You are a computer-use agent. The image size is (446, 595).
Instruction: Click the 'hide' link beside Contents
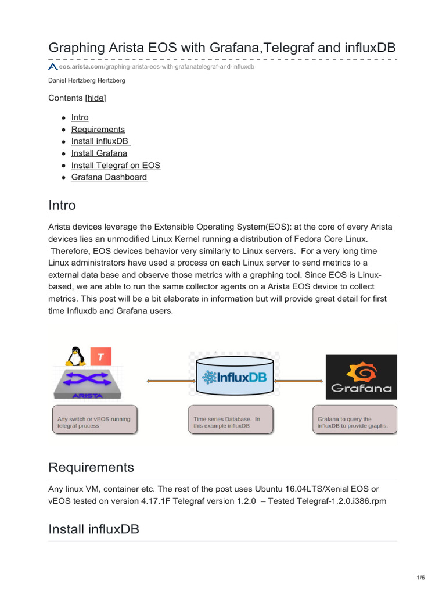coord(96,98)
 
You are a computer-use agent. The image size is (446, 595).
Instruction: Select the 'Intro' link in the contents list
coord(80,117)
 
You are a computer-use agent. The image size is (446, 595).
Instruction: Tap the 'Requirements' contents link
coord(98,129)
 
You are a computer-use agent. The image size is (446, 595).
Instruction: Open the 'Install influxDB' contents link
coord(100,141)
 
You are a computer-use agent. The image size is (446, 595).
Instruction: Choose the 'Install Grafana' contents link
coord(99,153)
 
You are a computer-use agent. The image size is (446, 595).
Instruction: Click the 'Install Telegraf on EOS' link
coord(116,165)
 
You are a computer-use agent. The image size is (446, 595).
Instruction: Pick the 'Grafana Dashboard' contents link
coord(109,177)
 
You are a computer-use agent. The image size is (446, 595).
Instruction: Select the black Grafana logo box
coord(361,377)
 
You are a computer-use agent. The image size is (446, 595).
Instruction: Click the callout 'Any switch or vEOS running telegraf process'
coord(95,421)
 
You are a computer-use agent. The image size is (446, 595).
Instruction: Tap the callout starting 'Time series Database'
coord(231,421)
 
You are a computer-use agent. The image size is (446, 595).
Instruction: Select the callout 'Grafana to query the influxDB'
coord(354,421)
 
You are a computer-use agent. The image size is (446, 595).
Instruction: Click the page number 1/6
coord(420,578)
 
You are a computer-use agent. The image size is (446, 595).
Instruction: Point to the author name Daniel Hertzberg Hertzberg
coord(87,80)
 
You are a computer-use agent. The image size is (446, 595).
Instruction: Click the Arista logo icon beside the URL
coord(52,67)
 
